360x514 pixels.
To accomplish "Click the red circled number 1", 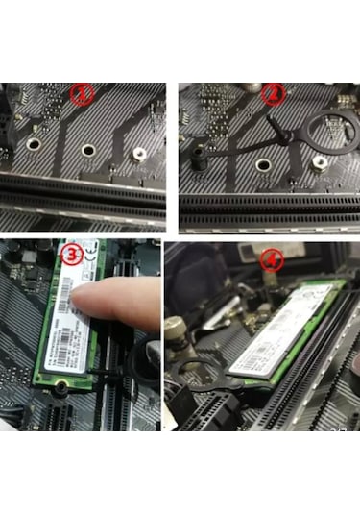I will tap(84, 95).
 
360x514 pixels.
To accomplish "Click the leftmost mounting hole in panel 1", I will tap(34, 146).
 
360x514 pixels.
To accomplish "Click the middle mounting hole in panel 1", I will tap(87, 150).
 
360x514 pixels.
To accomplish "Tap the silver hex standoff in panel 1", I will tap(139, 151).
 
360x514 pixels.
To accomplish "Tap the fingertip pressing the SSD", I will tap(88, 303).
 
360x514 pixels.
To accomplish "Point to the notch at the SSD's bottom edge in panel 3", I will tap(57, 388).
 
